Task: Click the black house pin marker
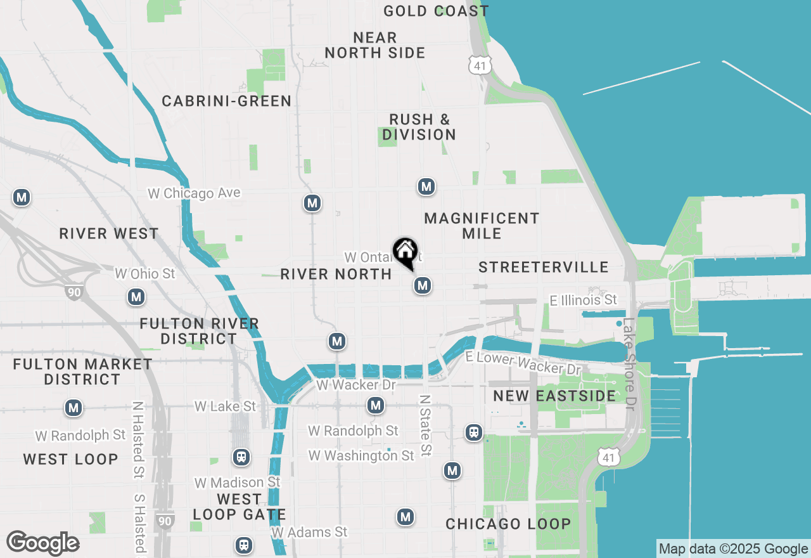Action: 405,252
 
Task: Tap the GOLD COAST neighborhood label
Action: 436,11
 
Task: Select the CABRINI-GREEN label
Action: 226,101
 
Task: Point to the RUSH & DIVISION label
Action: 419,127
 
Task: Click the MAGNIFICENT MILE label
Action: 482,226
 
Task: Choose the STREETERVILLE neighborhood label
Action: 544,267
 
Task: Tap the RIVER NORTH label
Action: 336,274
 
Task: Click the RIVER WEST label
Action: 109,233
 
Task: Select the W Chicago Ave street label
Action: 195,193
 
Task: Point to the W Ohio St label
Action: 144,274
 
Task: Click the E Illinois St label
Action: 583,299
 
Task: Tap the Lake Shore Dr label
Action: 629,363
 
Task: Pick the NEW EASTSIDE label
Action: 554,396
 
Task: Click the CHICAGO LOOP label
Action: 508,524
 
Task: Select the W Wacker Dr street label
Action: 355,385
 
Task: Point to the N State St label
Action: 425,425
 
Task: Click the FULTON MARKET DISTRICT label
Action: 82,372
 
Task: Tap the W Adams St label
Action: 309,532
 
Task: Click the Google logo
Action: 42,543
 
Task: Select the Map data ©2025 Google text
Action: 733,549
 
